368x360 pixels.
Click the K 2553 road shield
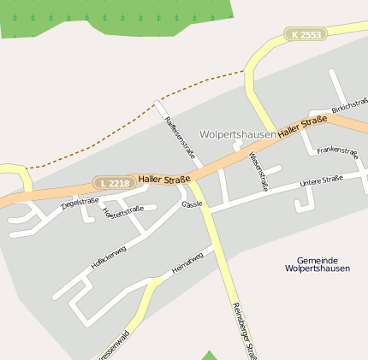point(306,34)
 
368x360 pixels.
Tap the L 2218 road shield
point(114,183)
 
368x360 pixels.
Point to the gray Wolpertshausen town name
point(237,135)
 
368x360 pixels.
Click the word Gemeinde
point(318,260)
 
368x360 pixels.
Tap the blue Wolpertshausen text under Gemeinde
point(318,269)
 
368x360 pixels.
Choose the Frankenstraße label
point(336,150)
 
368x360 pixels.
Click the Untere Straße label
point(321,180)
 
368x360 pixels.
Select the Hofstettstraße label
point(122,213)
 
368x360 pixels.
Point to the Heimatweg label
point(187,263)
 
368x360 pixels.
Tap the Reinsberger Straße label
point(245,330)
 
